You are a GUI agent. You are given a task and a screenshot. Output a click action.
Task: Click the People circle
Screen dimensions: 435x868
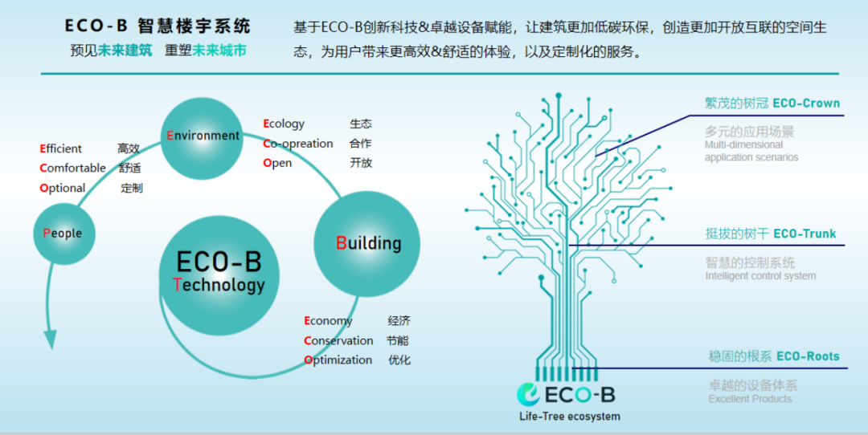(x=63, y=233)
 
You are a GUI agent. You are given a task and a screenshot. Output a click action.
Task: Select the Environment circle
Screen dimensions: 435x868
(x=203, y=136)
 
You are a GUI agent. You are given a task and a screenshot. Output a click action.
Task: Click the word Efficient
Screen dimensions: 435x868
(x=61, y=148)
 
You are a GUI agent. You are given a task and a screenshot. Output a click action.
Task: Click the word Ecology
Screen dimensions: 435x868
(x=284, y=124)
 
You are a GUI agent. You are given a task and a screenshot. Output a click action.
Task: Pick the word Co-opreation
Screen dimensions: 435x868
(x=298, y=144)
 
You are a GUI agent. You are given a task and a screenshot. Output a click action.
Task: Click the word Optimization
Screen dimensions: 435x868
(x=338, y=360)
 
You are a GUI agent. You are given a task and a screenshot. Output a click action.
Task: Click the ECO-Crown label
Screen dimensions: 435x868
(x=806, y=103)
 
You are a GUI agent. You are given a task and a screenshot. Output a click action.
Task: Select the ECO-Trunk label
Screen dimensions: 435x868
(x=805, y=234)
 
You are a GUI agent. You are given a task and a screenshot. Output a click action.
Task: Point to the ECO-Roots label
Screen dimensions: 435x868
(x=808, y=356)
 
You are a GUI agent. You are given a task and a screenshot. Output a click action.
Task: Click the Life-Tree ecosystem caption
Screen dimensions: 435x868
(x=570, y=416)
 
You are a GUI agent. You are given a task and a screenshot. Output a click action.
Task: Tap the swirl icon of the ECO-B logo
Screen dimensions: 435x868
(x=530, y=394)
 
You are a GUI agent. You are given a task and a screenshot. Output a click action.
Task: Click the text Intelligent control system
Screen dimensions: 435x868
(x=760, y=276)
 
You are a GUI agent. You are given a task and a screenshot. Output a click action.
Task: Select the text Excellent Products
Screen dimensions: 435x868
(x=750, y=399)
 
